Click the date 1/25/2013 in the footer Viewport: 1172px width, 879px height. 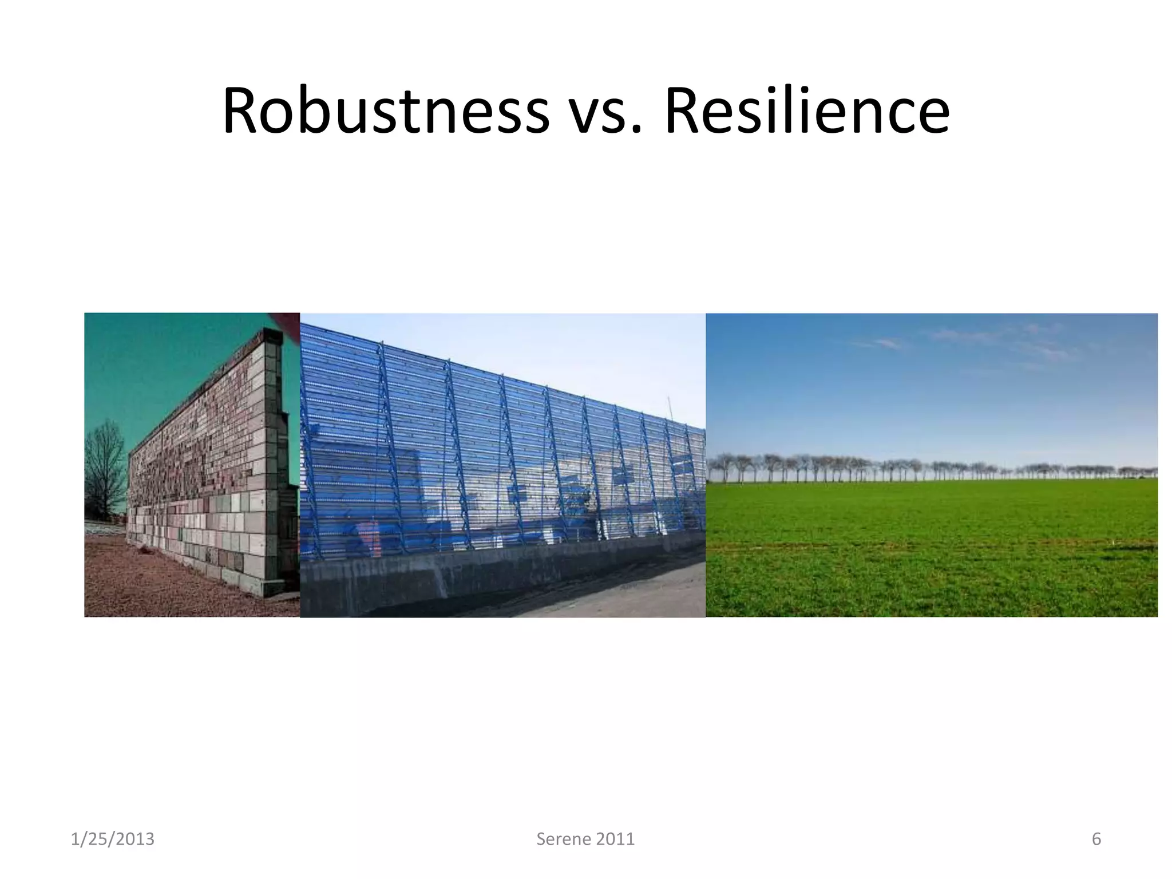(x=112, y=839)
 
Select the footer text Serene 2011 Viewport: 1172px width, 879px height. (x=585, y=839)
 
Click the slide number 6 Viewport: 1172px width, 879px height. (x=1096, y=839)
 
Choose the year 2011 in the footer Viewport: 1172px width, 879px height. (x=615, y=839)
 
